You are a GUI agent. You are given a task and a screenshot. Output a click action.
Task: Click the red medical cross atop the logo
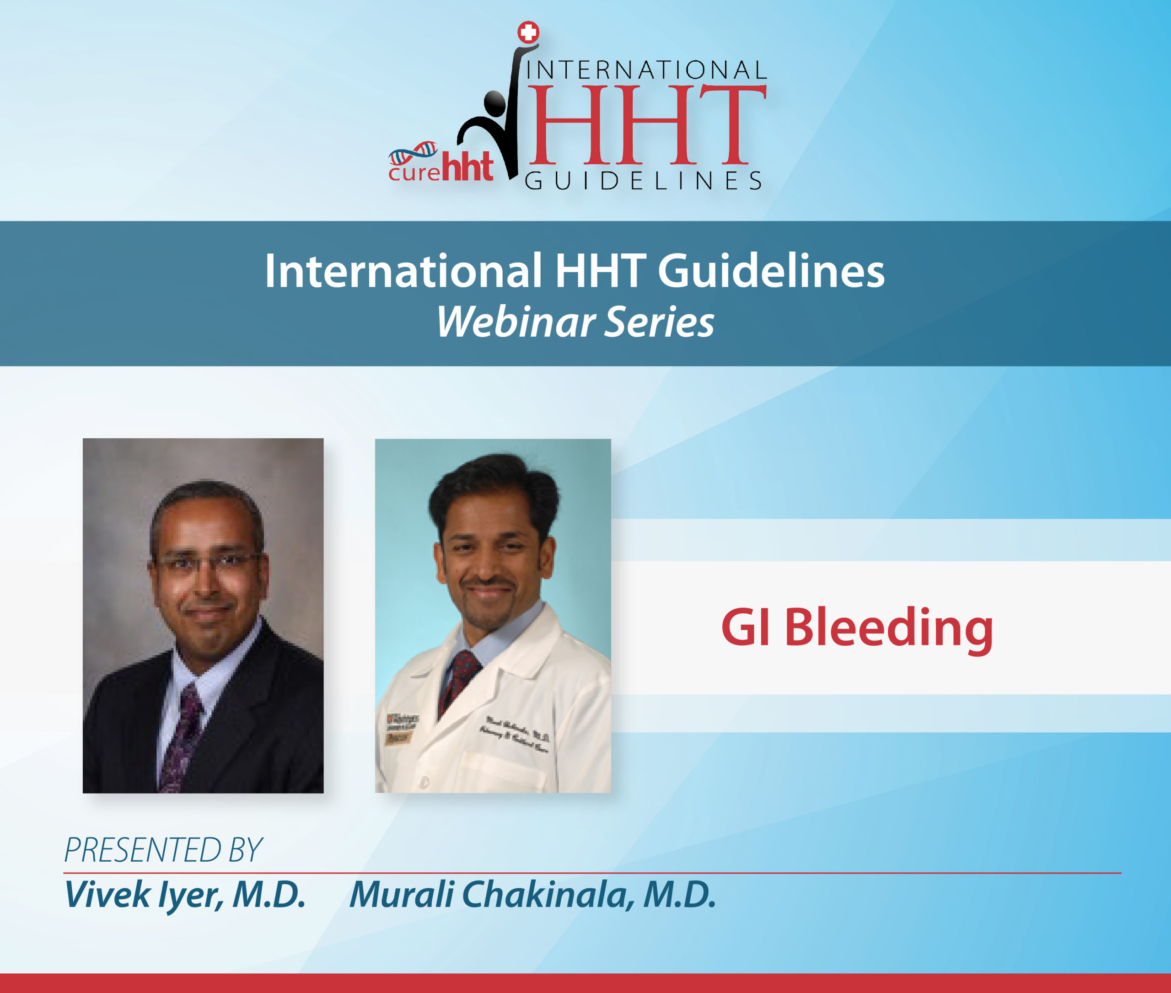point(528,32)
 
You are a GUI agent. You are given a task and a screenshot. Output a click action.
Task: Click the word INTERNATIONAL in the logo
point(646,70)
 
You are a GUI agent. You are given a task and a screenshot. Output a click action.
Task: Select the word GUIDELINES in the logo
point(644,181)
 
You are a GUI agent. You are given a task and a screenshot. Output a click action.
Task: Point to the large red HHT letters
point(646,124)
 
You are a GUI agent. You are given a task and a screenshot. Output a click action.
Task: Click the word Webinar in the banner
point(515,322)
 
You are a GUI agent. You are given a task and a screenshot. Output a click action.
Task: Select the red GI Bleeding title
point(857,628)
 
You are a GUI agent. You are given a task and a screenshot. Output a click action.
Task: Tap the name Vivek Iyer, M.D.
point(185,895)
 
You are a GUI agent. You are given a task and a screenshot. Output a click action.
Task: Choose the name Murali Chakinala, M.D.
point(532,895)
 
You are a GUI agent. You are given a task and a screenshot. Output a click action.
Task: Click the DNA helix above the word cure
point(414,151)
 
